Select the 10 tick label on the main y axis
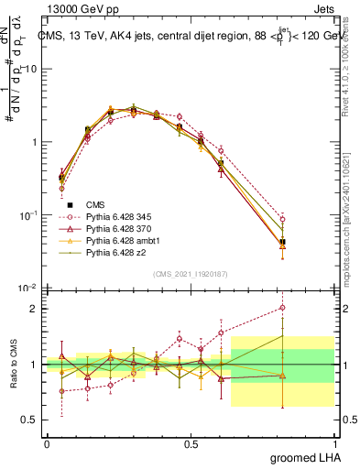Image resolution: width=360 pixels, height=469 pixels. [x=30, y=70]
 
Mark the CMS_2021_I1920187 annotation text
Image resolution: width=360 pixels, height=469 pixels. [x=191, y=272]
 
